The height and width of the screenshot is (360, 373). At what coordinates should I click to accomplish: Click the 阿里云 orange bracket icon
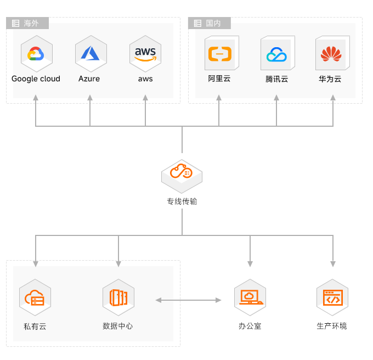(219, 54)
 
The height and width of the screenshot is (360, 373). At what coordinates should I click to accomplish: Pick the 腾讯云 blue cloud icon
(276, 54)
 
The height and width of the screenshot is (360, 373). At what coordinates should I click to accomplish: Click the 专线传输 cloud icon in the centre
(182, 172)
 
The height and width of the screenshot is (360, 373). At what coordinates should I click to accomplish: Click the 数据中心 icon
(118, 297)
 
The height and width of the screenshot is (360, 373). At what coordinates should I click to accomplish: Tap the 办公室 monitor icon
(250, 297)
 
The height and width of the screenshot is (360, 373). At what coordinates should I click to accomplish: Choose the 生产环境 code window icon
(332, 297)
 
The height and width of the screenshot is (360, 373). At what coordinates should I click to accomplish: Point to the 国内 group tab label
(213, 24)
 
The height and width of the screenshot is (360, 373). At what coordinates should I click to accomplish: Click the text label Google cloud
(36, 78)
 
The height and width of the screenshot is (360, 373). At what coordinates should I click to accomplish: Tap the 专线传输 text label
(182, 201)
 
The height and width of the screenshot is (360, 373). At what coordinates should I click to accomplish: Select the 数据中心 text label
(118, 326)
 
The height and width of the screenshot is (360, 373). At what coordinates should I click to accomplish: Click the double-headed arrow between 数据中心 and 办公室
(188, 300)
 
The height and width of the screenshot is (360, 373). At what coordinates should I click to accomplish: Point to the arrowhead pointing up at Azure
(90, 98)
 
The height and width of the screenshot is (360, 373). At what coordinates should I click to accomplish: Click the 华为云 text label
(330, 78)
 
